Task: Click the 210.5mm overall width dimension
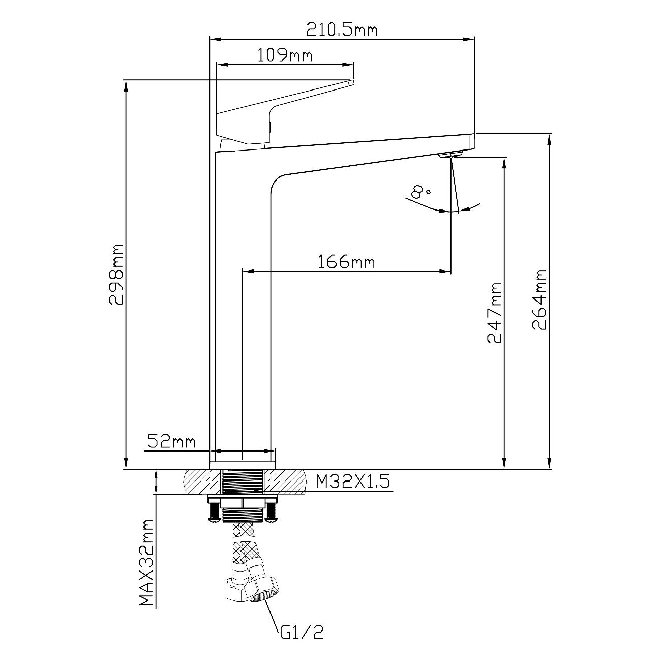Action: (342, 30)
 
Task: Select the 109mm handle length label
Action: (285, 55)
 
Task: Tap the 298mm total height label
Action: (115, 275)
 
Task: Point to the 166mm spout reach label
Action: (346, 262)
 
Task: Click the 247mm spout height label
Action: (494, 313)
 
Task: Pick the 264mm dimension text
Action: (539, 300)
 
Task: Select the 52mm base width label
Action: (171, 442)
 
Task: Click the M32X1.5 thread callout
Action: (353, 482)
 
